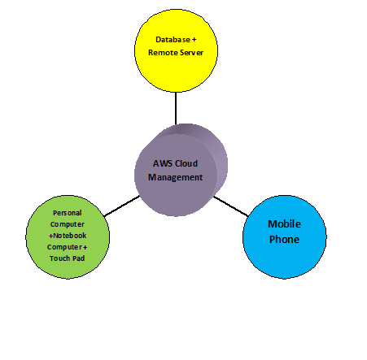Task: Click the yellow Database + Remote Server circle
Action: pos(176,50)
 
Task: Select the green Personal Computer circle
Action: pos(68,237)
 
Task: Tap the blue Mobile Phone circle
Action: pos(285,237)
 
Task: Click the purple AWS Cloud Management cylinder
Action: pos(181,170)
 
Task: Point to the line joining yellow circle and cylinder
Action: pos(176,108)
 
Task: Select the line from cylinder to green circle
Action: pos(122,206)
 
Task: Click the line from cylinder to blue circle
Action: pos(230,206)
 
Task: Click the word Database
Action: pos(173,40)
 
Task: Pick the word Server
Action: pos(190,53)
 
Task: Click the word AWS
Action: pos(162,163)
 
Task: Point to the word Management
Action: pos(176,177)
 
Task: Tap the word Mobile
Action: pos(284,224)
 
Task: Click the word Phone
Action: pos(284,240)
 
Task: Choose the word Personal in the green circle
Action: pos(68,213)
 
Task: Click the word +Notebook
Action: pos(68,236)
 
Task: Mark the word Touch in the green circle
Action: pos(59,258)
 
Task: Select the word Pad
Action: pos(78,258)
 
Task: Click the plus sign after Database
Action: pos(194,40)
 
